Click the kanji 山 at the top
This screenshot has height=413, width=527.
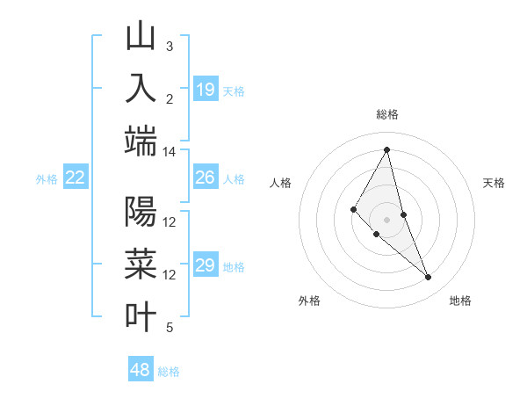pyautogui.click(x=141, y=37)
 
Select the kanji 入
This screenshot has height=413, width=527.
pyautogui.click(x=141, y=89)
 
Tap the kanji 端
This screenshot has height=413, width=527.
pyautogui.click(x=141, y=141)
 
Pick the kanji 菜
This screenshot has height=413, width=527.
pyautogui.click(x=141, y=264)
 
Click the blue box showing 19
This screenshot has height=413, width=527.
pyautogui.click(x=205, y=90)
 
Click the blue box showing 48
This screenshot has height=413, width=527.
pyautogui.click(x=141, y=370)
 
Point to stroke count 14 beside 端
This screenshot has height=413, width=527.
pyautogui.click(x=169, y=152)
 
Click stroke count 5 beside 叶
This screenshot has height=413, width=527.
pyautogui.click(x=170, y=328)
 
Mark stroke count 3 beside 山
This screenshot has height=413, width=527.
pyautogui.click(x=170, y=46)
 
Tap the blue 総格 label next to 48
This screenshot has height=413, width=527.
pyautogui.click(x=169, y=372)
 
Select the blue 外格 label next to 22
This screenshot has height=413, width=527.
pyautogui.click(x=47, y=179)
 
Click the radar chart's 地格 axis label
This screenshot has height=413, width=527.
pyautogui.click(x=460, y=301)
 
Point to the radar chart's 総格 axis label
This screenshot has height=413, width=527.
pyautogui.click(x=386, y=114)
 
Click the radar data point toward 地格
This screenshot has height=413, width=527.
pyautogui.click(x=429, y=278)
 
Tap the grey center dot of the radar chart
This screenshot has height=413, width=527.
pyautogui.click(x=386, y=219)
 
